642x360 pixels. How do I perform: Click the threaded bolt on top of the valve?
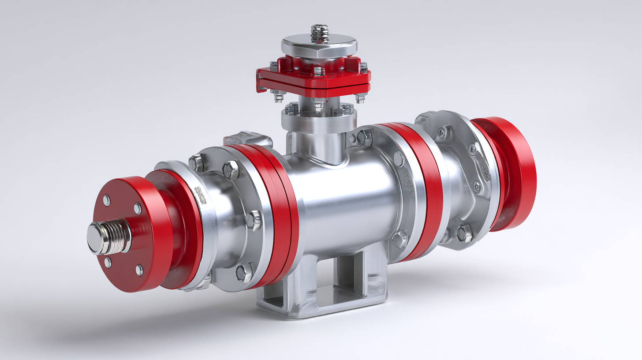(x=318, y=33)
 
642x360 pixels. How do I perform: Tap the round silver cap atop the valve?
(x=319, y=46)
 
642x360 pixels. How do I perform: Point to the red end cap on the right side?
(x=514, y=172)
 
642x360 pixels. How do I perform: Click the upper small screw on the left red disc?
(x=106, y=201)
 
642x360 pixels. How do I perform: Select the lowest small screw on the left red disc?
(x=139, y=270)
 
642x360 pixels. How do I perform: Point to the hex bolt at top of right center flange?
(x=364, y=137)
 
